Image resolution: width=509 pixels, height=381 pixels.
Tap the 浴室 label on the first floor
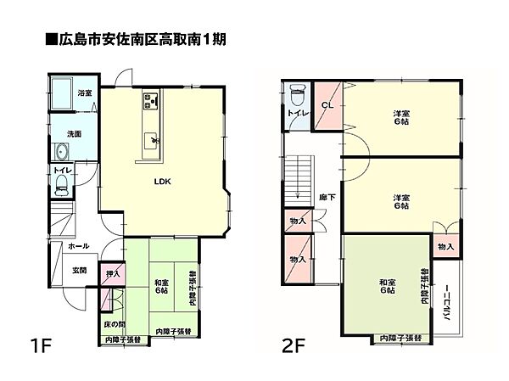point(85,92)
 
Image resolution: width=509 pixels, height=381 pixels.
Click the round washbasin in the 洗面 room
point(60,153)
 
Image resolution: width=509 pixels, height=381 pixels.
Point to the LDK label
point(161,182)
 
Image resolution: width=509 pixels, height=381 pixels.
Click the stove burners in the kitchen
point(149,103)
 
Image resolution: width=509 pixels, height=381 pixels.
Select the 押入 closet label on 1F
point(111,275)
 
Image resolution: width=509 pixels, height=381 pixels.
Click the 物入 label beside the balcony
point(446,245)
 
